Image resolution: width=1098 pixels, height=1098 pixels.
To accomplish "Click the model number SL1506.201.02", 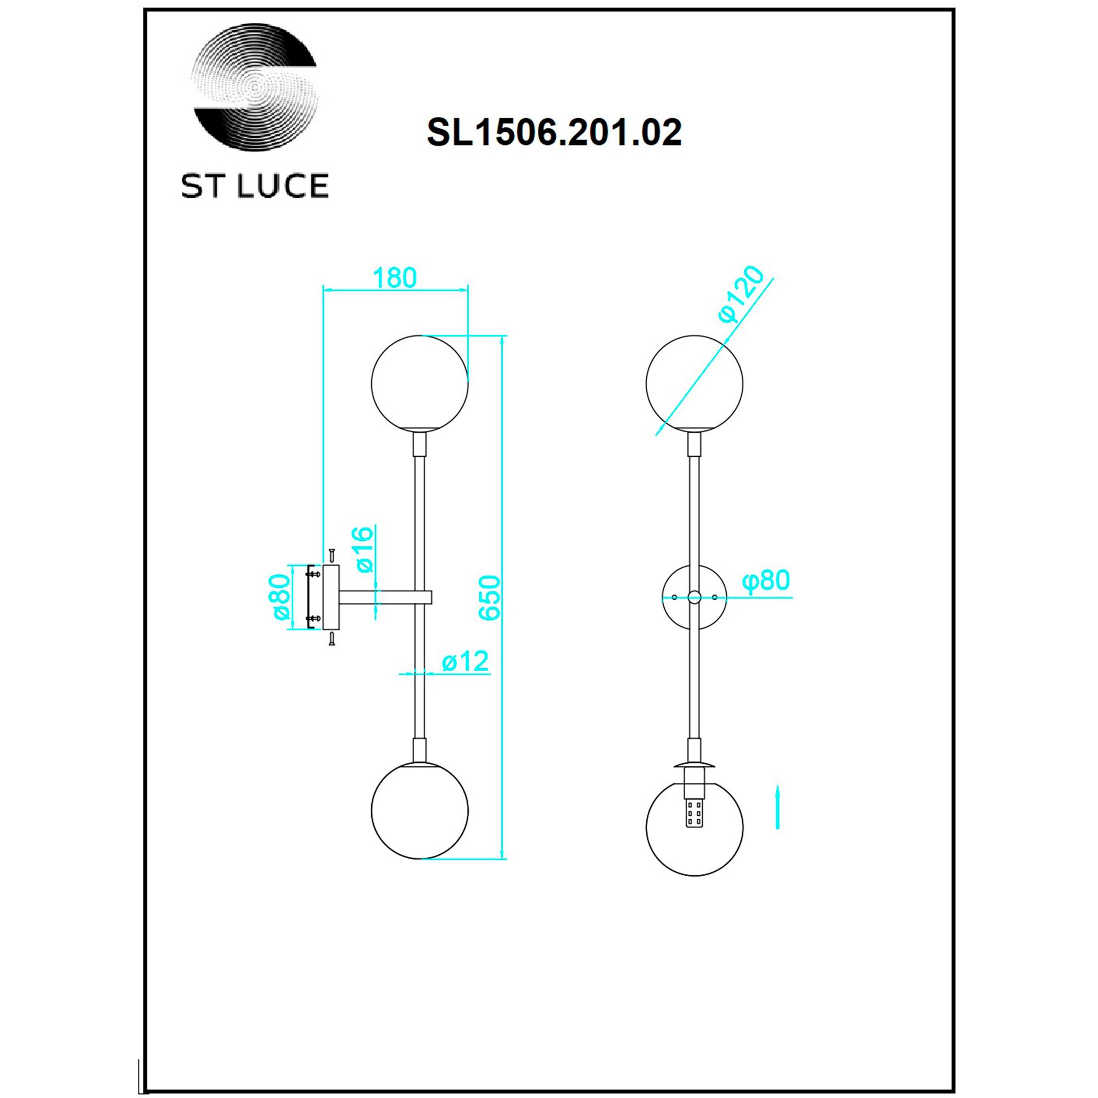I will pos(554,133).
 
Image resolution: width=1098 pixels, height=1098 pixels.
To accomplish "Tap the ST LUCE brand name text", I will pos(255,186).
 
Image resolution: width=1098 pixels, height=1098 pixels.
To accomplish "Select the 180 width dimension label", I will pos(395,277).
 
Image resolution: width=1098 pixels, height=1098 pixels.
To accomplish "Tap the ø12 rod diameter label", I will pos(465,661).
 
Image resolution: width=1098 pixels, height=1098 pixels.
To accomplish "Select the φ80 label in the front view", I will pos(766,580).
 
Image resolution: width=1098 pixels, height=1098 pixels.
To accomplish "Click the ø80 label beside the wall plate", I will pos(280,597).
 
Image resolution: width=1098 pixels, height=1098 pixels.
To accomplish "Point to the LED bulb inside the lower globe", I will pos(694,817).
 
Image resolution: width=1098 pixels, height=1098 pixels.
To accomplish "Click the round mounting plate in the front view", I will pos(694,597).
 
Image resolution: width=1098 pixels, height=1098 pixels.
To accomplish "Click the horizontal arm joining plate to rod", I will pos(384,597).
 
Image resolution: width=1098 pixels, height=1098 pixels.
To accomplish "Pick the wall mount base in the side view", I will pos(330,597).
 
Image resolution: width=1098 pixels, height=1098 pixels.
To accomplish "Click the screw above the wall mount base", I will pos(330,554).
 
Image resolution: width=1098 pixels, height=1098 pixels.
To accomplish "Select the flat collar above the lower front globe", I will pos(694,763).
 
